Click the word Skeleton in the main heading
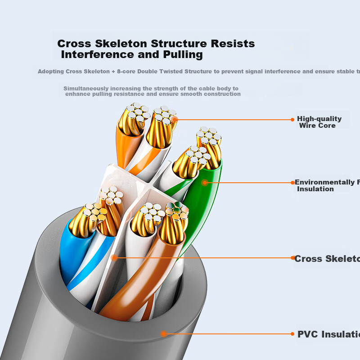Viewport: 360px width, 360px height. click(121, 44)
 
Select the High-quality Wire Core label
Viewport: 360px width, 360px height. click(319, 122)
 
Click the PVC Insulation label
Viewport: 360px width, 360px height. click(328, 334)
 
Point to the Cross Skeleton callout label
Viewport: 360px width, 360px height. click(326, 259)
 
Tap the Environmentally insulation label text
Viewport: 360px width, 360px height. click(327, 185)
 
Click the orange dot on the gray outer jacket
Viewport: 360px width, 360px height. click(164, 333)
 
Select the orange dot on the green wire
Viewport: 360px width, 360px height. click(204, 182)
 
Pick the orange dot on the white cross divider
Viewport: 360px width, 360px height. click(114, 258)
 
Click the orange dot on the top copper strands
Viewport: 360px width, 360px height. click(174, 119)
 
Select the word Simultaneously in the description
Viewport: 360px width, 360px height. click(86, 89)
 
